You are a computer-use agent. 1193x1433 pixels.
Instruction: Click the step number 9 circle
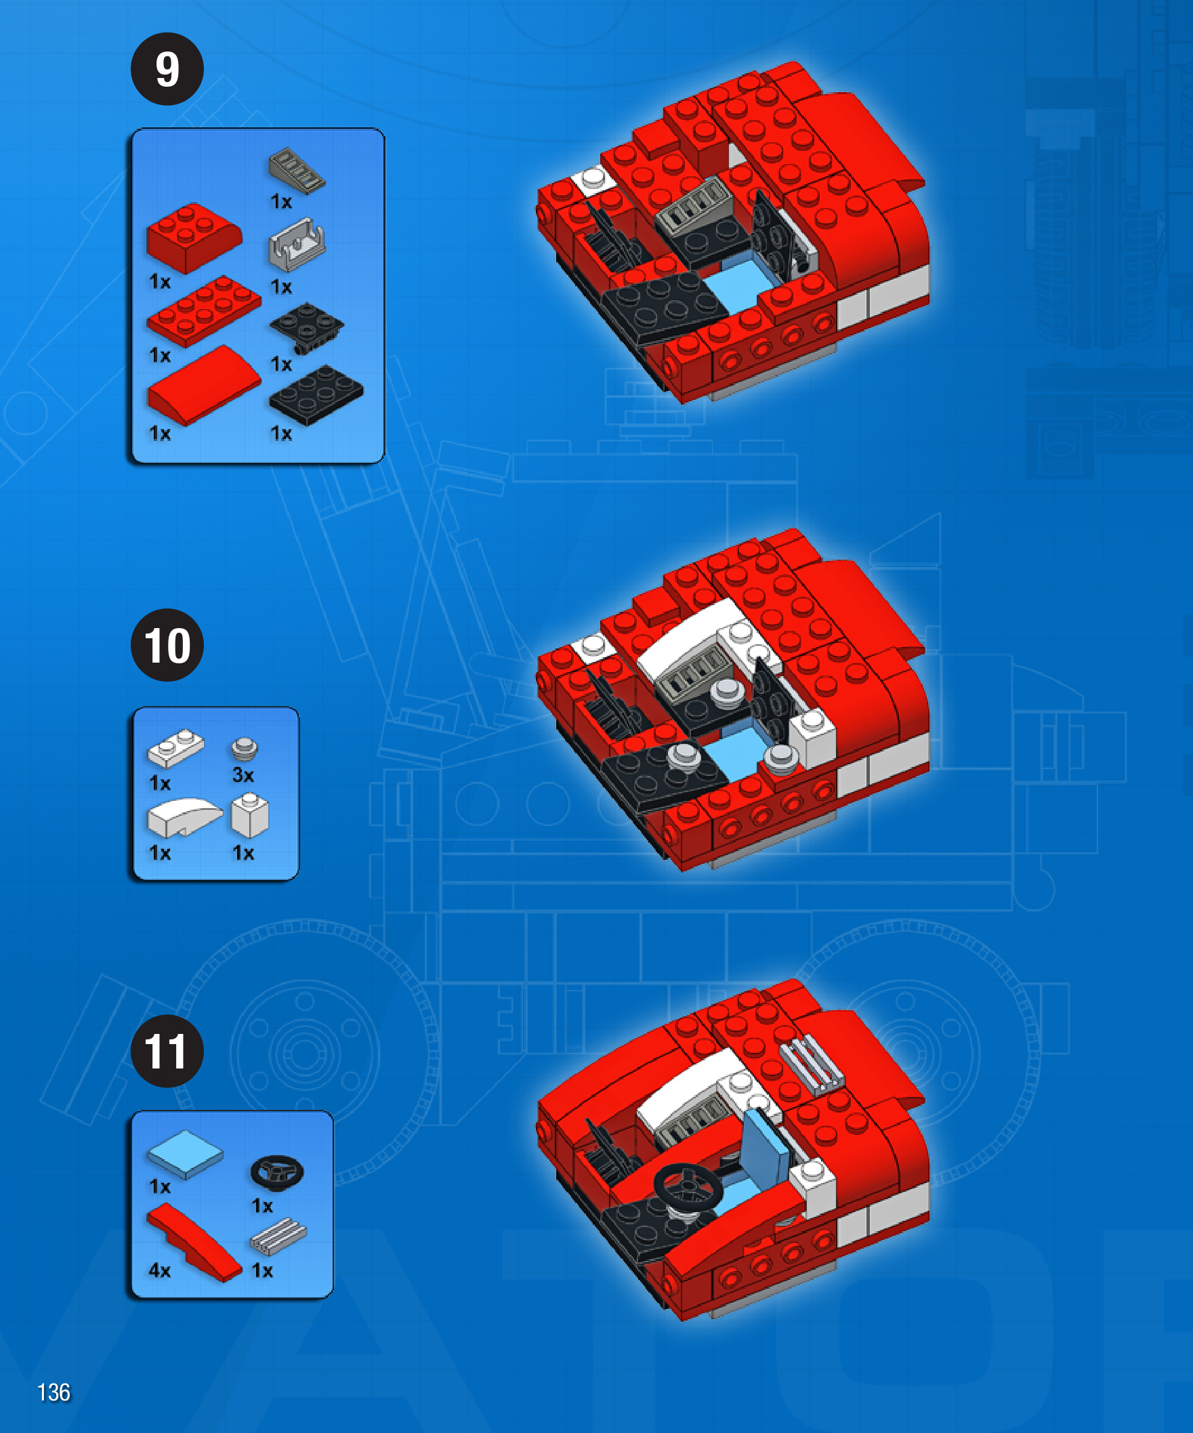[167, 69]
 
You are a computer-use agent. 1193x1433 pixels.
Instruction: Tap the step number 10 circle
[167, 645]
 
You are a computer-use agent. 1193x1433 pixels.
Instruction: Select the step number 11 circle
[167, 1051]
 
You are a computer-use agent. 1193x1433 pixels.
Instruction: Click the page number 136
[54, 1392]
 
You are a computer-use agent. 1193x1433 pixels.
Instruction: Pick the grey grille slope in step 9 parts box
[297, 170]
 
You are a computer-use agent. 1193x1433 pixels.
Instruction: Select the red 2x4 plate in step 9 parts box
[204, 311]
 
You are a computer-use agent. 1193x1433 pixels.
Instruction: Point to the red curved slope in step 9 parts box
[204, 386]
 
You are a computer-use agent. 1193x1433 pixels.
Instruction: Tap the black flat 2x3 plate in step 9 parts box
[316, 395]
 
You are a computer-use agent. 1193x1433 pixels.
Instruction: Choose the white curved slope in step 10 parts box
[185, 818]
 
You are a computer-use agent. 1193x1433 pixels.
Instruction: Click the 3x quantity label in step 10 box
[243, 774]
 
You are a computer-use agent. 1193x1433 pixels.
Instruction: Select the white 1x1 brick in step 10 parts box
[251, 815]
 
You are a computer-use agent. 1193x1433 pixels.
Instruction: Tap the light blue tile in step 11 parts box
[186, 1154]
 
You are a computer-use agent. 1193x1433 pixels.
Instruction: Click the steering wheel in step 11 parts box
[277, 1172]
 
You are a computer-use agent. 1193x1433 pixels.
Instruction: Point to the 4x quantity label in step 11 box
[160, 1270]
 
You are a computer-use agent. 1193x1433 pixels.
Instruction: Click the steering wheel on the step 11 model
[688, 1187]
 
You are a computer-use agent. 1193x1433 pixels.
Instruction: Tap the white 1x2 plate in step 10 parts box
[176, 748]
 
